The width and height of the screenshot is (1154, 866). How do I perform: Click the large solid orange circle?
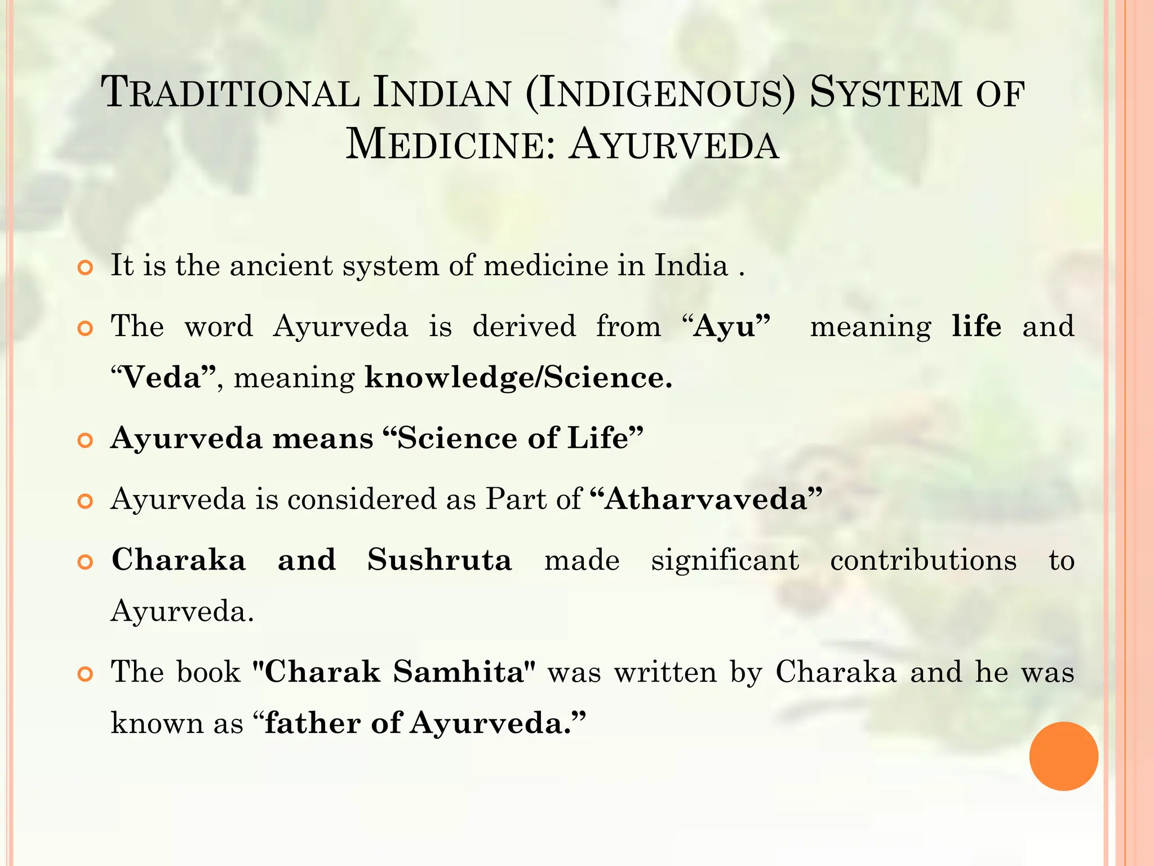1063,756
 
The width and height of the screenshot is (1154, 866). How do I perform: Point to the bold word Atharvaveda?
706,499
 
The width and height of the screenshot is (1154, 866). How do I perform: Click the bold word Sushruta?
440,560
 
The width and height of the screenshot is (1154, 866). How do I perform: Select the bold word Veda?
162,377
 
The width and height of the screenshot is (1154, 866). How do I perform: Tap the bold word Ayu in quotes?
725,326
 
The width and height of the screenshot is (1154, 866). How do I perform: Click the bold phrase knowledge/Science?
518,377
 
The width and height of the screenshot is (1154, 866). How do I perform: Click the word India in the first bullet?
691,265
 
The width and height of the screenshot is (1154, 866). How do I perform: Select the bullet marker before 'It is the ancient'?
85,267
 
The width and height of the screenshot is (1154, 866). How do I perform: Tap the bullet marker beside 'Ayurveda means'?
85,440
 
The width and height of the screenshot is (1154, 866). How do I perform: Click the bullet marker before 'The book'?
85,674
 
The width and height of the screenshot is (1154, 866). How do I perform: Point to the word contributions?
924,560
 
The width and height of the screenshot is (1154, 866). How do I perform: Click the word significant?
725,561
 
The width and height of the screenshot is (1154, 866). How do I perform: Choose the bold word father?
312,723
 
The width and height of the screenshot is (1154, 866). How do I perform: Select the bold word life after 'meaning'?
977,326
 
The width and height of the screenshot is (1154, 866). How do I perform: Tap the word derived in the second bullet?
524,326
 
